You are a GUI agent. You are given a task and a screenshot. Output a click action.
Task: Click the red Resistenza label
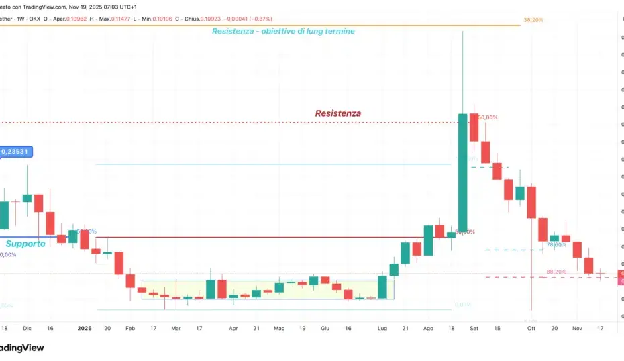point(338,113)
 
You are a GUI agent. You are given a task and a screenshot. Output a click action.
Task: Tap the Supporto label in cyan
point(25,244)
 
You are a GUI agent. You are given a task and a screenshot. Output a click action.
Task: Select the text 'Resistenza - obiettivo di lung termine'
point(283,31)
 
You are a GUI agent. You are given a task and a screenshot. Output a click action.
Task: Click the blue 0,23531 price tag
point(15,152)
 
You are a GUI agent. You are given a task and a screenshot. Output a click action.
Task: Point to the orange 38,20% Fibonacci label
point(533,20)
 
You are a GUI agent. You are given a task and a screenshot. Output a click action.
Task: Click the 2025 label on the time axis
point(84,329)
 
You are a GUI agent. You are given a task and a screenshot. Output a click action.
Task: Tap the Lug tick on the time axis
point(382,329)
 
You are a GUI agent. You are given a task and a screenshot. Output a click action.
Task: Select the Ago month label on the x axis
point(428,329)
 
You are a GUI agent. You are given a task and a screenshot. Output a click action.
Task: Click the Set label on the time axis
point(474,329)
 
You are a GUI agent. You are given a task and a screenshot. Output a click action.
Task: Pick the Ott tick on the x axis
point(531,329)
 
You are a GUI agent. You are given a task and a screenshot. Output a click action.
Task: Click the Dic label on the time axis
point(27,329)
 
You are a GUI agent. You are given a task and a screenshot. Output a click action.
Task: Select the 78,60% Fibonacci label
point(556,245)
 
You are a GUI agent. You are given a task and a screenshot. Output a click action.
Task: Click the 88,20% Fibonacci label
point(556,272)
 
